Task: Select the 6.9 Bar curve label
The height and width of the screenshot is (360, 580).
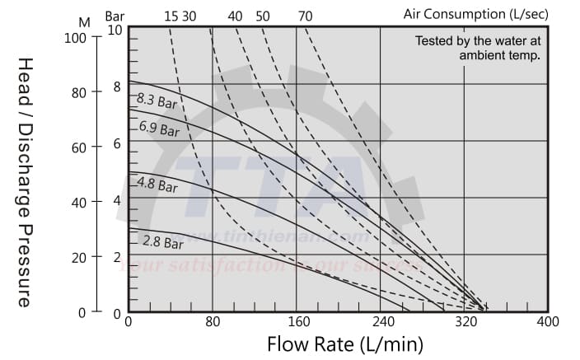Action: [x=159, y=129]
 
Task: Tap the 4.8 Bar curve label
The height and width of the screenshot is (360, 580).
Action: [x=157, y=185]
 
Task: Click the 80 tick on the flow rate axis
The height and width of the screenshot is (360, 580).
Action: [x=213, y=322]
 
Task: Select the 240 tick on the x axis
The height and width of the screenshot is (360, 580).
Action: [x=380, y=322]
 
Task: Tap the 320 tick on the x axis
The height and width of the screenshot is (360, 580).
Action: [x=464, y=322]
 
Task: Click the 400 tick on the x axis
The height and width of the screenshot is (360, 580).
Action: [x=548, y=322]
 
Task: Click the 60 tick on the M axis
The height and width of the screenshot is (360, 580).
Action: [x=77, y=147]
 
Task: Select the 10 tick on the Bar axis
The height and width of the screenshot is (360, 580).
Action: [x=114, y=30]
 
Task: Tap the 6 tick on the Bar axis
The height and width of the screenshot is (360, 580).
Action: [x=117, y=143]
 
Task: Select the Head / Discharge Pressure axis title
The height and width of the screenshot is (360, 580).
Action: [x=26, y=182]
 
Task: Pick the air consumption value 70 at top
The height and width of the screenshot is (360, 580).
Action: [x=305, y=16]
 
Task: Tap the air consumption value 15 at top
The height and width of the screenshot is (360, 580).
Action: [x=171, y=16]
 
